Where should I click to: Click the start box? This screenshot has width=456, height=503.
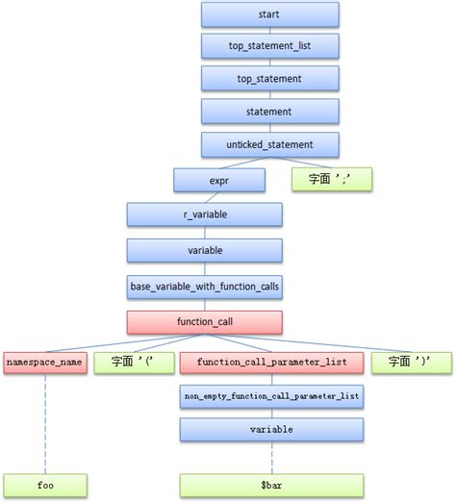point(270,14)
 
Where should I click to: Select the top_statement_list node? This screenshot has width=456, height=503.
point(270,45)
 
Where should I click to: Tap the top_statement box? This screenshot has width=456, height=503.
point(270,78)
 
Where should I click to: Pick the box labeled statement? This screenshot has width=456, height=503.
point(270,112)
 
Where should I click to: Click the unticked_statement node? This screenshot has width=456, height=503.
point(270,145)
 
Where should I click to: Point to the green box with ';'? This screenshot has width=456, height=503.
point(331,179)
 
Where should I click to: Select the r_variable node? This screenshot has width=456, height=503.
point(204,214)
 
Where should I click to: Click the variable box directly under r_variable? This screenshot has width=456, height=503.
point(204,250)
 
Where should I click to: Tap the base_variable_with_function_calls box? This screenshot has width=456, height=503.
point(204,286)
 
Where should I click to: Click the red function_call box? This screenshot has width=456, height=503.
point(204,322)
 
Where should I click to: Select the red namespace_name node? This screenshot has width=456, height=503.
point(43,363)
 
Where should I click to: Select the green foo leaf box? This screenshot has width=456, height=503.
point(43,486)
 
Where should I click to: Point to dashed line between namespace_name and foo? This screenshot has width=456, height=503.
point(43,423)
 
